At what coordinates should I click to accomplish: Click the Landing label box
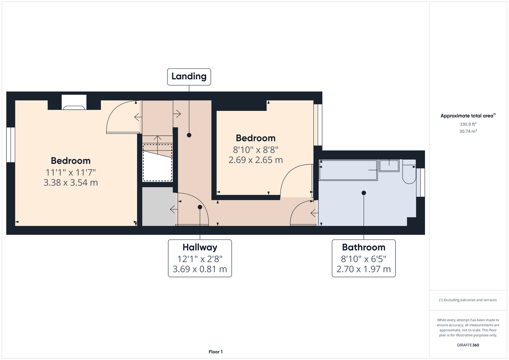[189, 77]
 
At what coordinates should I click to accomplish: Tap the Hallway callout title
[200, 247]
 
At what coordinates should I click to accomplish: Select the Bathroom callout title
[363, 247]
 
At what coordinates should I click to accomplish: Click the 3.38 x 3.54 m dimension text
[71, 183]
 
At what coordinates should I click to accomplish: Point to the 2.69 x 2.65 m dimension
[256, 160]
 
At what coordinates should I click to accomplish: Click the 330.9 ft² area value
[468, 124]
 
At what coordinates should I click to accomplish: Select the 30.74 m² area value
[468, 131]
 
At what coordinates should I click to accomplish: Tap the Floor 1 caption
[215, 352]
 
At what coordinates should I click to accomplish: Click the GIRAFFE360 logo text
[468, 345]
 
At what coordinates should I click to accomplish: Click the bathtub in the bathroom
[348, 170]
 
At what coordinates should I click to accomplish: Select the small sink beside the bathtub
[389, 166]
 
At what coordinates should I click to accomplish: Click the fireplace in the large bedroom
[74, 102]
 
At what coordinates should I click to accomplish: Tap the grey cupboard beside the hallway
[158, 207]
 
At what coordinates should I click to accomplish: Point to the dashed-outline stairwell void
[157, 163]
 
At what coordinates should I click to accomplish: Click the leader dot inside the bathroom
[363, 193]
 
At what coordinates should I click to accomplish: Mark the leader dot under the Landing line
[189, 135]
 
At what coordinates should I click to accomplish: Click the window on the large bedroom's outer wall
[11, 145]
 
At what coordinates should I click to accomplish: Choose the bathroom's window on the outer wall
[420, 183]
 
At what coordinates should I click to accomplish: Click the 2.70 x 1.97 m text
[363, 269]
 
